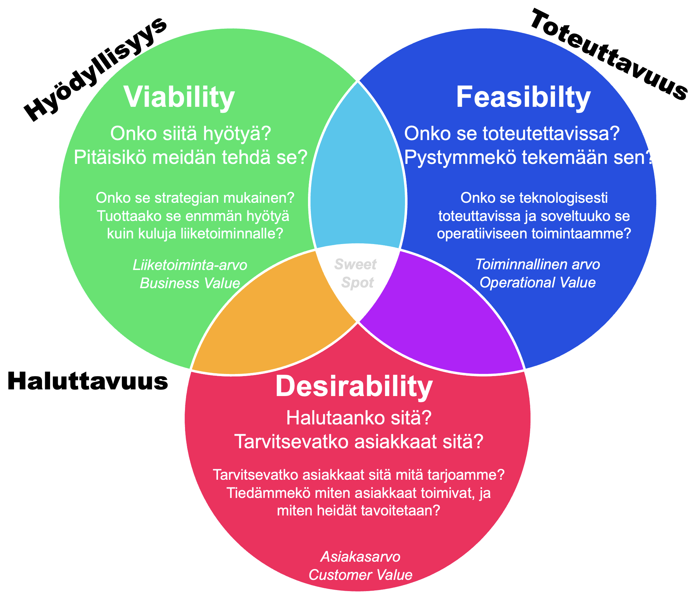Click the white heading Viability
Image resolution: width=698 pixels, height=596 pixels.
(x=179, y=97)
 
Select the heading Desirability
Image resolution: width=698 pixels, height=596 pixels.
(x=354, y=386)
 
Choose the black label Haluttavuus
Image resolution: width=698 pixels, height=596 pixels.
(x=88, y=381)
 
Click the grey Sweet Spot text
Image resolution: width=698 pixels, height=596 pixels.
(x=356, y=273)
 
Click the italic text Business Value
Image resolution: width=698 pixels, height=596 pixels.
(x=190, y=283)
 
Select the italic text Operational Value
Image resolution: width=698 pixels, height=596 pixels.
(x=537, y=283)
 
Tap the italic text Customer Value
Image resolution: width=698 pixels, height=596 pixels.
(x=360, y=575)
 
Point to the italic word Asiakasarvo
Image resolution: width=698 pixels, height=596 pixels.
(x=360, y=557)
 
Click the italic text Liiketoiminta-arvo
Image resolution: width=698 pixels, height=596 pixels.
(x=190, y=265)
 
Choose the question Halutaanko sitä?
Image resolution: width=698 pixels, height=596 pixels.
(x=358, y=418)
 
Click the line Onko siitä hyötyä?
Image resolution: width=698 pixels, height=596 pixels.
(x=191, y=134)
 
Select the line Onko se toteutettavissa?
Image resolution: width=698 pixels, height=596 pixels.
(x=512, y=134)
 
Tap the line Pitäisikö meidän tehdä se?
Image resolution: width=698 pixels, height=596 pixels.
(x=191, y=158)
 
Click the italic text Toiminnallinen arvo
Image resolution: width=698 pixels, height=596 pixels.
(x=537, y=264)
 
